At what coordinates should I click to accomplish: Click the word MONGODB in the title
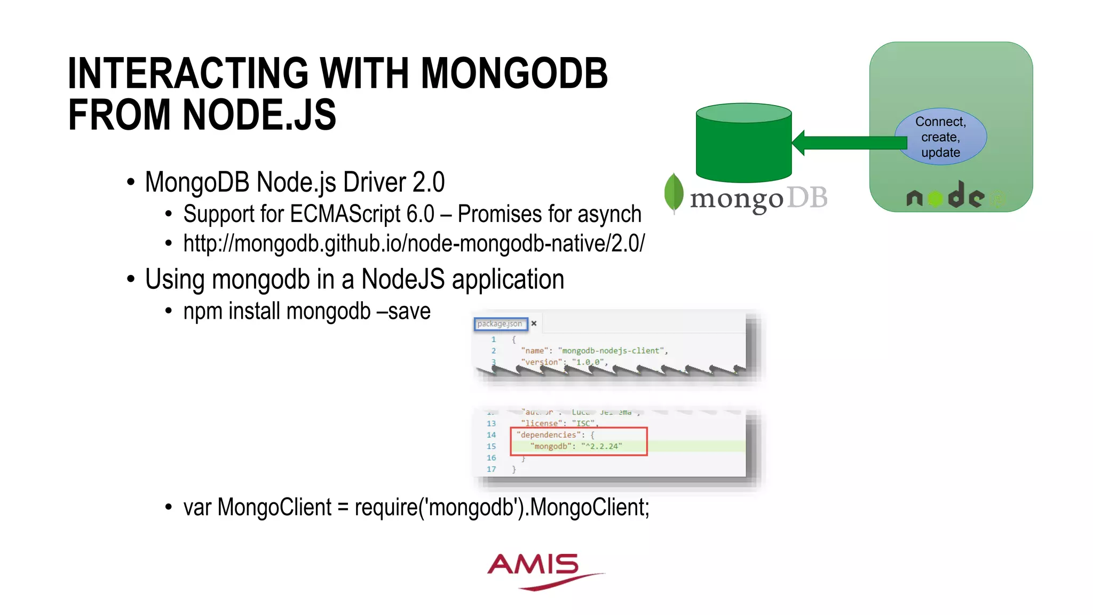[x=514, y=73]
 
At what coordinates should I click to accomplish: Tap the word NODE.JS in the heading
[x=259, y=115]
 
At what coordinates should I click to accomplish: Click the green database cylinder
[x=743, y=144]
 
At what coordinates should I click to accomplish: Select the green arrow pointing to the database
[x=849, y=143]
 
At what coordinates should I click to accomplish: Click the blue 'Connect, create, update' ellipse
[x=940, y=137]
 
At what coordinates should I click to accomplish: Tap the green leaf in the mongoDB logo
[x=674, y=192]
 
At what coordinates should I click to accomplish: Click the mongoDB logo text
[x=758, y=199]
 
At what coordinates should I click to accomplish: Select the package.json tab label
[x=500, y=324]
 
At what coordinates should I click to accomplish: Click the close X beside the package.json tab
[x=534, y=324]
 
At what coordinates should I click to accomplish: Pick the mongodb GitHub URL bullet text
[x=414, y=243]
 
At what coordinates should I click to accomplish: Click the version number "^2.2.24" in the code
[x=601, y=446]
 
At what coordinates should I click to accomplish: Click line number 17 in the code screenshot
[x=491, y=469]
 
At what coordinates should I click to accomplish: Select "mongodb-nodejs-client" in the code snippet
[x=611, y=351]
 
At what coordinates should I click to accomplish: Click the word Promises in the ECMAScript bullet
[x=500, y=214]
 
